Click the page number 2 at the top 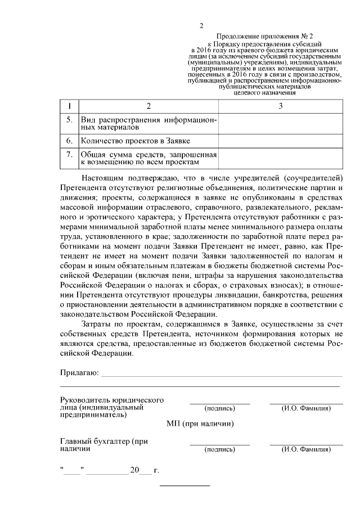(x=201, y=25)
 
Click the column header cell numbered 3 (x=280, y=106)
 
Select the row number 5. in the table (x=69, y=120)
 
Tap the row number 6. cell (x=69, y=140)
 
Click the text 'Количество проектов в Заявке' (x=136, y=140)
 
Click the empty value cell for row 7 (x=280, y=158)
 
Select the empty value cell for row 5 (x=280, y=124)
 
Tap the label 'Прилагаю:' (x=79, y=373)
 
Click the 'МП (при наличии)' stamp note (x=200, y=424)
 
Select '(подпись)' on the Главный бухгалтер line (x=219, y=449)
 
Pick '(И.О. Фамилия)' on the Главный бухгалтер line (x=306, y=449)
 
